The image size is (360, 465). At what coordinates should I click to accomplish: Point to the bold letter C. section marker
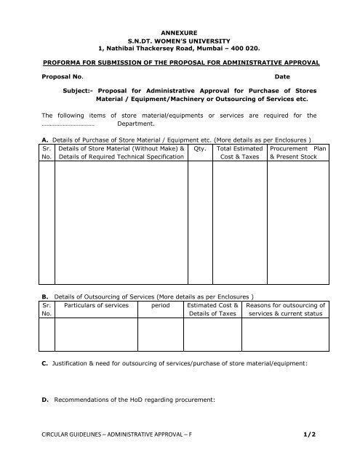pyautogui.click(x=44, y=362)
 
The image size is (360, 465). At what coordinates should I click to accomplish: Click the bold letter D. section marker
pyautogui.click(x=44, y=400)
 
